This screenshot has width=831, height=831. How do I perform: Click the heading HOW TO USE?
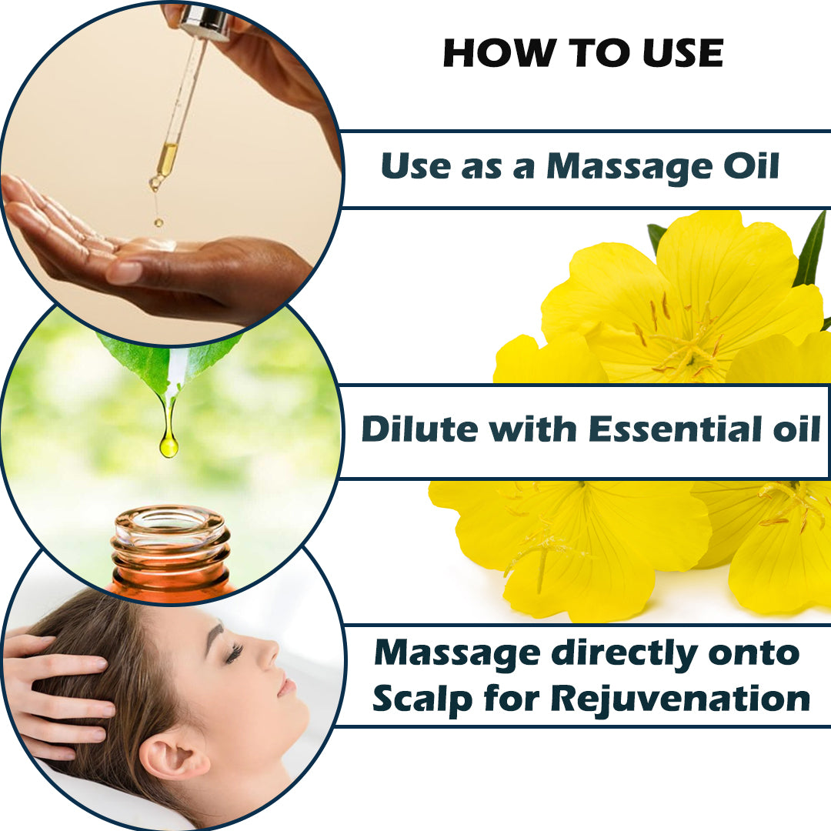coord(583,53)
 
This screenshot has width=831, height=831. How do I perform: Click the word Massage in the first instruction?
coord(630,168)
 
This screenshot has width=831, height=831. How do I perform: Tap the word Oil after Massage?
coord(752,166)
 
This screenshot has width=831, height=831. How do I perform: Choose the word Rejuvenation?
coord(680,699)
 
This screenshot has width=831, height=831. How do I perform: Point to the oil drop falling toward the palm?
coord(158,222)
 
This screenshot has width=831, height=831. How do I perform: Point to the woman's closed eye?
coord(234,653)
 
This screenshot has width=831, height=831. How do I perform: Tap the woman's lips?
coord(286,686)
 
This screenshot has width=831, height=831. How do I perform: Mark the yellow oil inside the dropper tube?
coord(168,158)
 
